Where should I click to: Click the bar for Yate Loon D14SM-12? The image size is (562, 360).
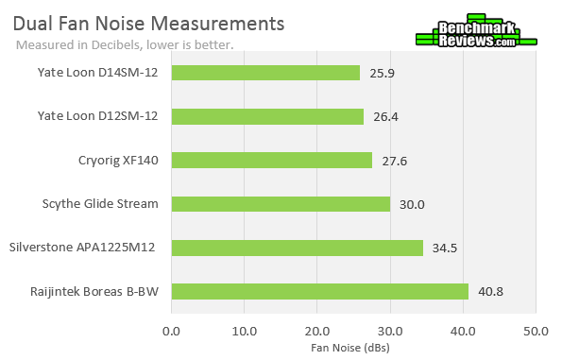pyautogui.click(x=265, y=73)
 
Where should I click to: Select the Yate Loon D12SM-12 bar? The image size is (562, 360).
pyautogui.click(x=267, y=116)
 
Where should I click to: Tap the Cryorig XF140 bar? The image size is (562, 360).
pyautogui.click(x=272, y=160)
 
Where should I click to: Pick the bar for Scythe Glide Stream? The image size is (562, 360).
pyautogui.click(x=281, y=203)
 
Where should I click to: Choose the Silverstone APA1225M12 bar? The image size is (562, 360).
pyautogui.click(x=297, y=248)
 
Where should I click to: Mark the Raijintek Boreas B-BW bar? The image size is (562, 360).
pyautogui.click(x=320, y=291)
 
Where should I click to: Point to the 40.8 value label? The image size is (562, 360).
pyautogui.click(x=491, y=291)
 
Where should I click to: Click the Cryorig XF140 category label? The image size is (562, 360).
pyautogui.click(x=118, y=160)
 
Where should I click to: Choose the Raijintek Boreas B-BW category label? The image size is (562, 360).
pyautogui.click(x=94, y=291)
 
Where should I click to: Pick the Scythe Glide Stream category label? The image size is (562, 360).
pyautogui.click(x=100, y=203)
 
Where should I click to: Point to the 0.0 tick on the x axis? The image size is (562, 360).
pyautogui.click(x=171, y=331)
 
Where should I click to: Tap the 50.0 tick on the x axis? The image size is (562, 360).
pyautogui.click(x=536, y=331)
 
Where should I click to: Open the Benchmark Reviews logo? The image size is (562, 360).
pyautogui.click(x=476, y=33)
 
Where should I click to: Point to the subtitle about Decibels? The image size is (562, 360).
pyautogui.click(x=126, y=44)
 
